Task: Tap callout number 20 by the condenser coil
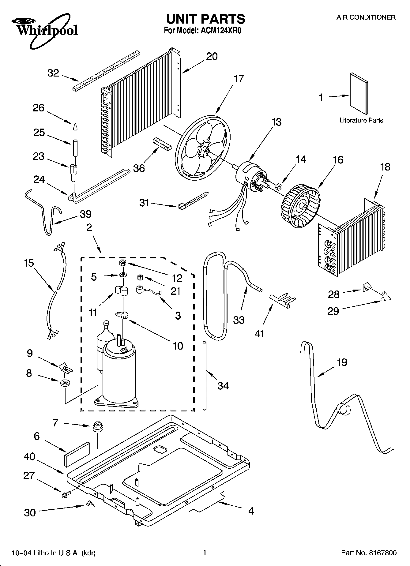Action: coord(212,56)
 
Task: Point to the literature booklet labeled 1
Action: coord(359,95)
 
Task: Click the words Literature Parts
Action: coord(361,120)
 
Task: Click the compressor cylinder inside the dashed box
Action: coord(119,373)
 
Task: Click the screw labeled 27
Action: coord(66,494)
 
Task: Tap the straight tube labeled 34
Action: coord(204,375)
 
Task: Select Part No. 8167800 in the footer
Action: coord(369,553)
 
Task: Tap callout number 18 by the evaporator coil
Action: coord(385,167)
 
